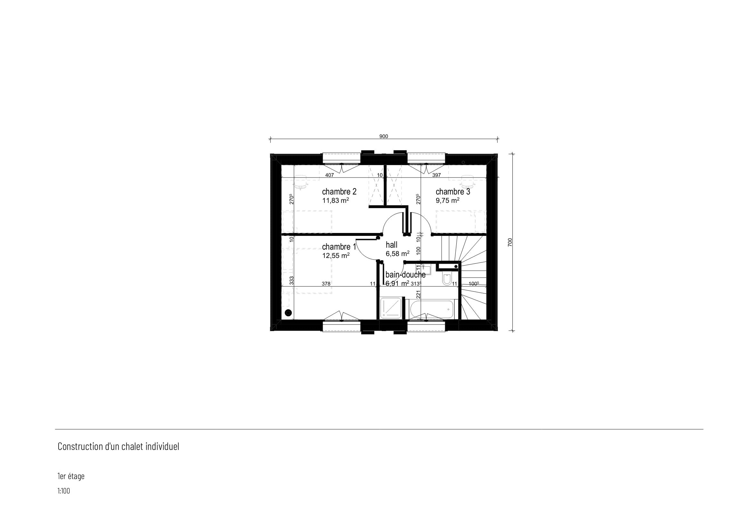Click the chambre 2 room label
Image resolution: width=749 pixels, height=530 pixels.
(x=339, y=192)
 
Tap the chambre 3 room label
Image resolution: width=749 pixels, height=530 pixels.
(x=453, y=192)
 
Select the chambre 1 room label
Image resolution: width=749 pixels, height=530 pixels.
(x=339, y=247)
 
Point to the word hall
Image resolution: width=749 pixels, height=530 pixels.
(x=391, y=245)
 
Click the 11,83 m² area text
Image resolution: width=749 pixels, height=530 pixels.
(x=336, y=200)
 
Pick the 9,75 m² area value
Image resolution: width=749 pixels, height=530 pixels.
(x=448, y=200)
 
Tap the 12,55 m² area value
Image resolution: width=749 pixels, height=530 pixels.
(x=336, y=255)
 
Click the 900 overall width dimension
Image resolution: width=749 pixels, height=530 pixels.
(x=384, y=137)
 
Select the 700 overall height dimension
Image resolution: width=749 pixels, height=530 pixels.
(x=510, y=242)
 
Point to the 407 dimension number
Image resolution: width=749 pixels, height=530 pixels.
(x=330, y=175)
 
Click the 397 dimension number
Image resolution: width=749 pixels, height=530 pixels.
(x=436, y=175)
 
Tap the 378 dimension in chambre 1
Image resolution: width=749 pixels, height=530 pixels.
(x=326, y=284)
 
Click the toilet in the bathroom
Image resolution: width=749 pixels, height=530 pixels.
(x=447, y=279)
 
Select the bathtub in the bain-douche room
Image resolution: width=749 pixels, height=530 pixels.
(x=431, y=310)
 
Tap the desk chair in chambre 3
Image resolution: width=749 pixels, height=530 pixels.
(x=468, y=182)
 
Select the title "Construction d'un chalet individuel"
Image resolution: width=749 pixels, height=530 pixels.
(x=118, y=447)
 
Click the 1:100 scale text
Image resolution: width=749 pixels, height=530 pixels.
(x=64, y=491)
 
